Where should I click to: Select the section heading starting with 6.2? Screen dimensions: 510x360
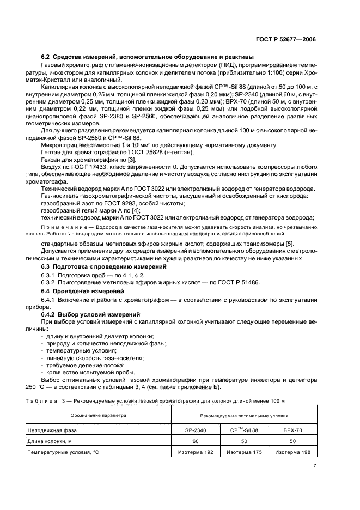point(147,57)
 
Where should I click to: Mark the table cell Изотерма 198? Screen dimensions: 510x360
point(294,452)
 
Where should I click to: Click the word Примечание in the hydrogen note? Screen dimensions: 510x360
point(63,227)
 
